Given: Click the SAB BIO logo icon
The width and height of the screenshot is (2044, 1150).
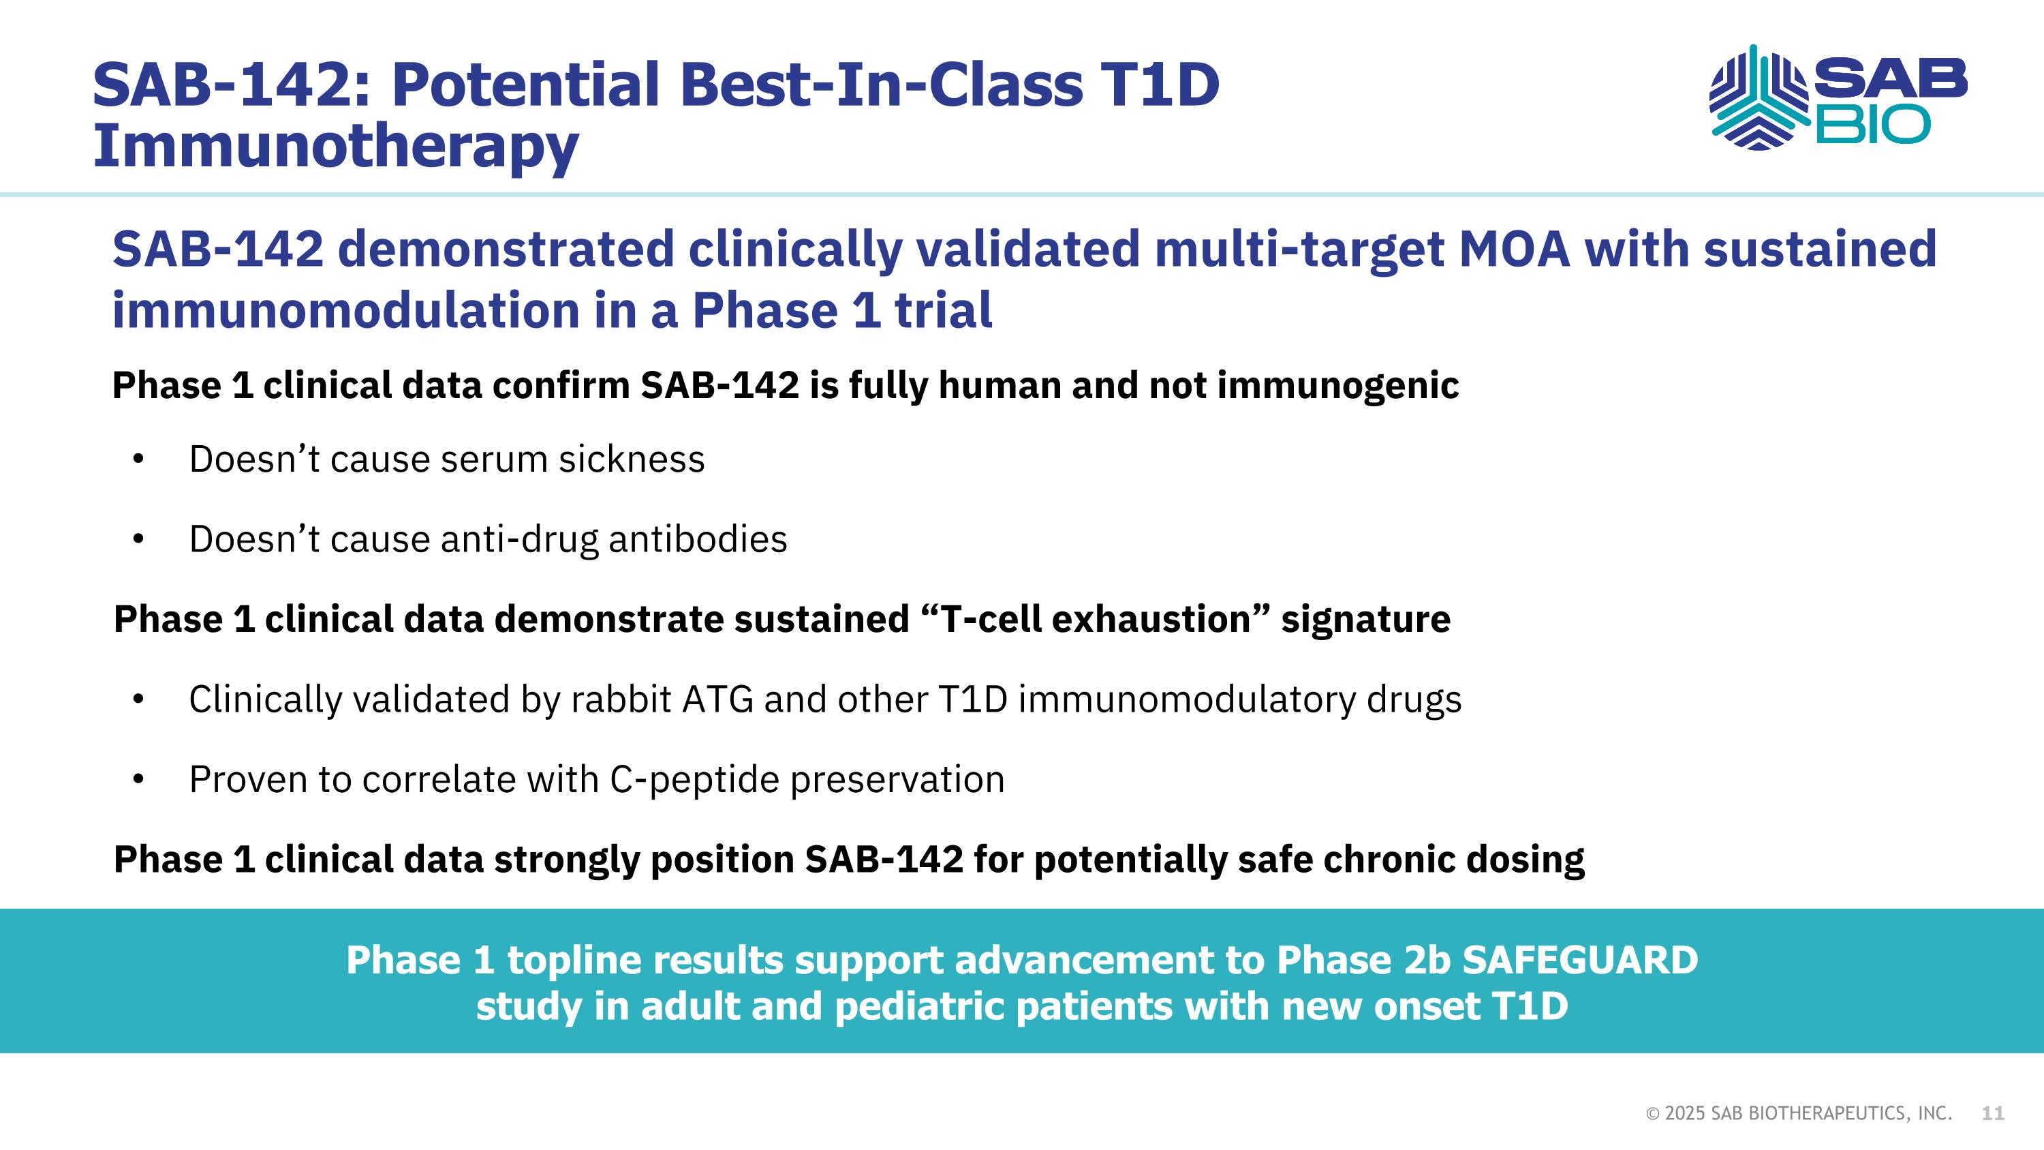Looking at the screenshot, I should pos(1759,97).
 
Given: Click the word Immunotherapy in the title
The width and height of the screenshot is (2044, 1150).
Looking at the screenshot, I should pos(336,146).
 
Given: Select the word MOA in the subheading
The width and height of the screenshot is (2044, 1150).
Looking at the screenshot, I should pos(1514,248).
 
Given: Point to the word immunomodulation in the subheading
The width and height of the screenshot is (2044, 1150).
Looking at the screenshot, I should pos(345,309).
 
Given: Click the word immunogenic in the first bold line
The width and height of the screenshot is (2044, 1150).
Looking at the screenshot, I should pos(1338,386).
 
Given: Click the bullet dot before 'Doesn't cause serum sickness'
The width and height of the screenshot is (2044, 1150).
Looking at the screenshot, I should pos(139,459).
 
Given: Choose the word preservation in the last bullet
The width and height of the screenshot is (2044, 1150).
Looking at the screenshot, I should pos(897,780).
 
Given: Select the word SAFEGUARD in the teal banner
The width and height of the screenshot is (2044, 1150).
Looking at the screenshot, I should pos(1580,960).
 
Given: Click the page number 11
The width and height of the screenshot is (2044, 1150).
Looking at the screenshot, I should pos(1992,1113).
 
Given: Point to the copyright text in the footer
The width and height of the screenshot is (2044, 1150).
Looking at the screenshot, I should pos(1799,1113).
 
